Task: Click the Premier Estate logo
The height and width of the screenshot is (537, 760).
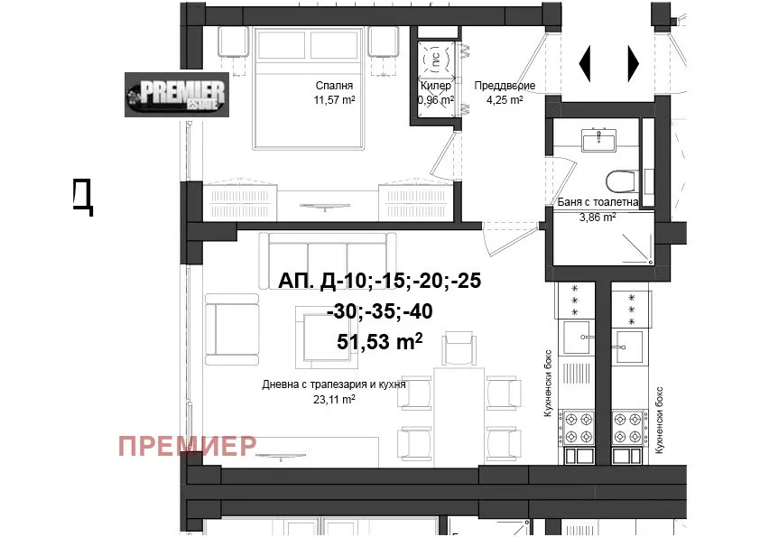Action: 177,95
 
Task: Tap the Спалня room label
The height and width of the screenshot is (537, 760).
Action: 334,86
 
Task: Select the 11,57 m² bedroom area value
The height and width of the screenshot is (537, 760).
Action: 334,100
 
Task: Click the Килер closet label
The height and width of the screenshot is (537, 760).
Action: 436,86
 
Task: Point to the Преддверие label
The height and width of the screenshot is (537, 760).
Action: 505,86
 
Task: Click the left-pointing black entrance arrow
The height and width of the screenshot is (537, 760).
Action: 585,63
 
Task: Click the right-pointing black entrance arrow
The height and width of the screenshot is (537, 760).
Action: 634,63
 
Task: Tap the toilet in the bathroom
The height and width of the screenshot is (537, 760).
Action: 622,181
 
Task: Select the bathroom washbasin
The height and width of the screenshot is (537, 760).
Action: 598,141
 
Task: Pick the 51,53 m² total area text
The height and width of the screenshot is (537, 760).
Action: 379,342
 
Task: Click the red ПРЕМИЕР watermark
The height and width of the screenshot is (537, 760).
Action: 188,446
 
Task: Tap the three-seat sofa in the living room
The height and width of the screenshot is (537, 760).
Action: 328,261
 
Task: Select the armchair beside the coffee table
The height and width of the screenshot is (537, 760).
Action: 232,329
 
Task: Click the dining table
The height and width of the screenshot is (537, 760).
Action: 459,416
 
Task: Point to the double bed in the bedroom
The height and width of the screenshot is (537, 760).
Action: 309,88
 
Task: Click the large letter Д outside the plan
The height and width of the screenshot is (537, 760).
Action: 82,196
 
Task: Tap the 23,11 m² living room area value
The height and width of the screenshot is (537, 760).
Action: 334,399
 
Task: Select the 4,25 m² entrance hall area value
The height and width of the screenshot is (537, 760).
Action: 505,100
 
